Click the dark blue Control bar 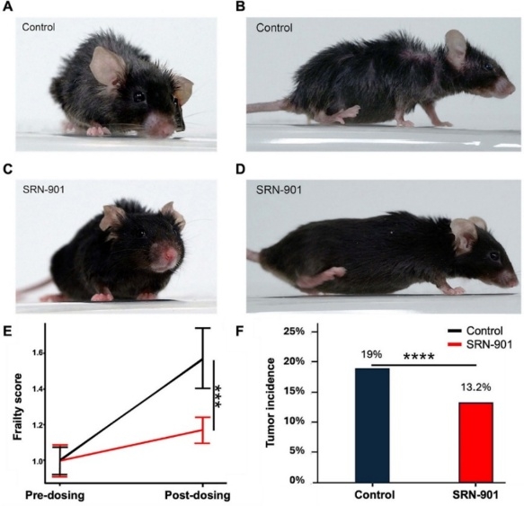[x=372, y=425]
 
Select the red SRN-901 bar [x=475, y=442]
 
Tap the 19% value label [x=371, y=354]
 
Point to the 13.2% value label [x=475, y=387]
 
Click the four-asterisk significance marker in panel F [x=419, y=357]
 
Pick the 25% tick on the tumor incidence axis [x=294, y=332]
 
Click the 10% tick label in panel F [x=294, y=422]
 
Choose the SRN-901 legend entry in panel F [x=480, y=344]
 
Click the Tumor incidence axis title [x=271, y=403]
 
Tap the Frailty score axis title [x=17, y=406]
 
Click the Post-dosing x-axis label [x=198, y=495]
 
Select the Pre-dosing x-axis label [x=55, y=495]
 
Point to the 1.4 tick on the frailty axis [x=38, y=389]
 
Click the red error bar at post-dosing [x=202, y=431]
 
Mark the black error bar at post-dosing [x=202, y=359]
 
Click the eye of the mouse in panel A [x=138, y=97]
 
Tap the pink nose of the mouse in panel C [x=170, y=254]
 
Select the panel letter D [x=241, y=169]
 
